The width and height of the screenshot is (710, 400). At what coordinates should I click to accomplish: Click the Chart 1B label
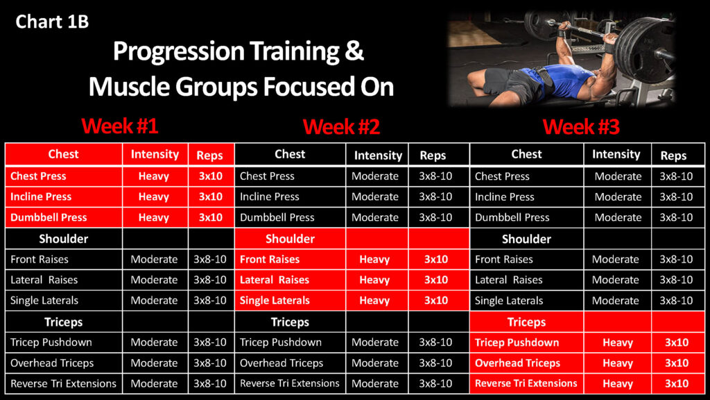(x=52, y=22)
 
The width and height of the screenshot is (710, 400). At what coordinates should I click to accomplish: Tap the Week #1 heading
(x=119, y=126)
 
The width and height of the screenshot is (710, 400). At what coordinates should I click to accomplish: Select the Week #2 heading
(x=341, y=126)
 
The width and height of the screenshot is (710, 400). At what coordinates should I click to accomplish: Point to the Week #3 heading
(x=581, y=126)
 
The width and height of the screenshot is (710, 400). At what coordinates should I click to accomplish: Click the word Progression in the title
(x=179, y=52)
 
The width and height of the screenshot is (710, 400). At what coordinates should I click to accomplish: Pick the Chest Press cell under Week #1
(x=39, y=176)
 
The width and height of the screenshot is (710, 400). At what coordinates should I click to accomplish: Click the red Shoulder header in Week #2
(x=290, y=239)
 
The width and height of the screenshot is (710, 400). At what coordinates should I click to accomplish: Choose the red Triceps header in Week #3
(x=526, y=322)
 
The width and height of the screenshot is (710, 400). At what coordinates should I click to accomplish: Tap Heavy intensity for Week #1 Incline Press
(x=153, y=197)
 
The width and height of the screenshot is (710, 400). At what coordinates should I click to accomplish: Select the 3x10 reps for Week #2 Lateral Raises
(x=436, y=280)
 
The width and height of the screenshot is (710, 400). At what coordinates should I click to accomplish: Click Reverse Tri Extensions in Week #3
(x=526, y=383)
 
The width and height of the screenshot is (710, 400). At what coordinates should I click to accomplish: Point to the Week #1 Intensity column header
(x=155, y=154)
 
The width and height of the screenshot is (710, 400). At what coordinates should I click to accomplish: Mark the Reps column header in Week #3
(x=673, y=156)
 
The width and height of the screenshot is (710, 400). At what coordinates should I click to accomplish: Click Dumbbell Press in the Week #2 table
(x=277, y=217)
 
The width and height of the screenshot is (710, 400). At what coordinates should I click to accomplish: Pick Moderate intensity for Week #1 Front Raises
(x=154, y=260)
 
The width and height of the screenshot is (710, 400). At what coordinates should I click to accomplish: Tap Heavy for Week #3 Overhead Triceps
(x=618, y=363)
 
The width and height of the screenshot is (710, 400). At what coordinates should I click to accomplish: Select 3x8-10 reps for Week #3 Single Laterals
(x=676, y=301)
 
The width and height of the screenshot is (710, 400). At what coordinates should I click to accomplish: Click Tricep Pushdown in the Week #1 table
(x=51, y=342)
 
